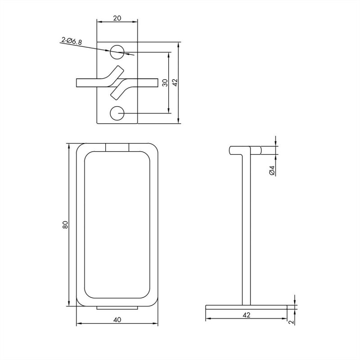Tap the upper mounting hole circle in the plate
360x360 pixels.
pos(117,52)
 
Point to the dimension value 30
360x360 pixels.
pos(165,83)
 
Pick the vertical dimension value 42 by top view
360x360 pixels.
pos(175,83)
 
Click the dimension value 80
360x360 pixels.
pos(65,225)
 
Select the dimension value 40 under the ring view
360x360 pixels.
pos(117,319)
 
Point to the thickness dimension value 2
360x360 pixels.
pos(291,322)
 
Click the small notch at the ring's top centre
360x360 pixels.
pos(117,147)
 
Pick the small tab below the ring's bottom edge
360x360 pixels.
pos(117,308)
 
